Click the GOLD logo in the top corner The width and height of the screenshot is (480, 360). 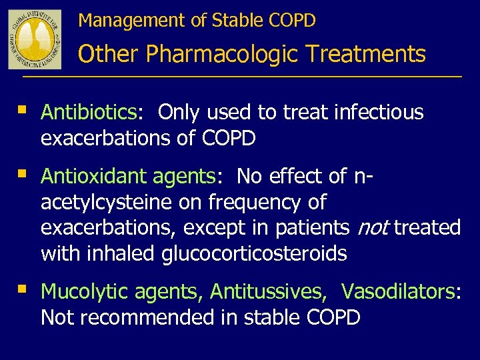(x=35, y=38)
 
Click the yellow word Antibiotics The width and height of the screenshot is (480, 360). (x=89, y=113)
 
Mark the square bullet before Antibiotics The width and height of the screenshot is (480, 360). (x=23, y=109)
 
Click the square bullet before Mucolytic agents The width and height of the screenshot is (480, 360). (x=23, y=289)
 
